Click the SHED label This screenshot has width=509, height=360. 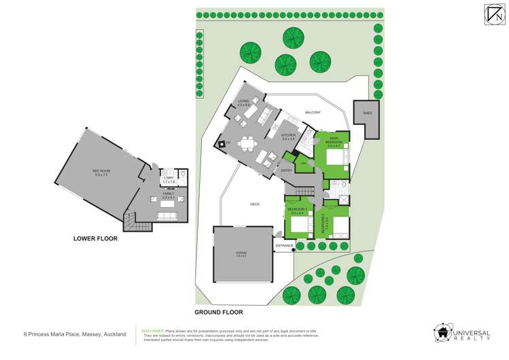click(x=367, y=113)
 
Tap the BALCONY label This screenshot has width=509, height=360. click(x=313, y=112)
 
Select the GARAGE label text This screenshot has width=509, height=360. click(x=241, y=253)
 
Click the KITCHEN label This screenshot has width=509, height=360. click(x=288, y=137)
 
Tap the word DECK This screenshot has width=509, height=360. click(x=255, y=204)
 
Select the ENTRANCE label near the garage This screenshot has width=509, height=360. click(x=284, y=245)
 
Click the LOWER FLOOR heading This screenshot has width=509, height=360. click(x=95, y=238)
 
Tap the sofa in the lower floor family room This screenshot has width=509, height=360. click(x=166, y=217)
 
